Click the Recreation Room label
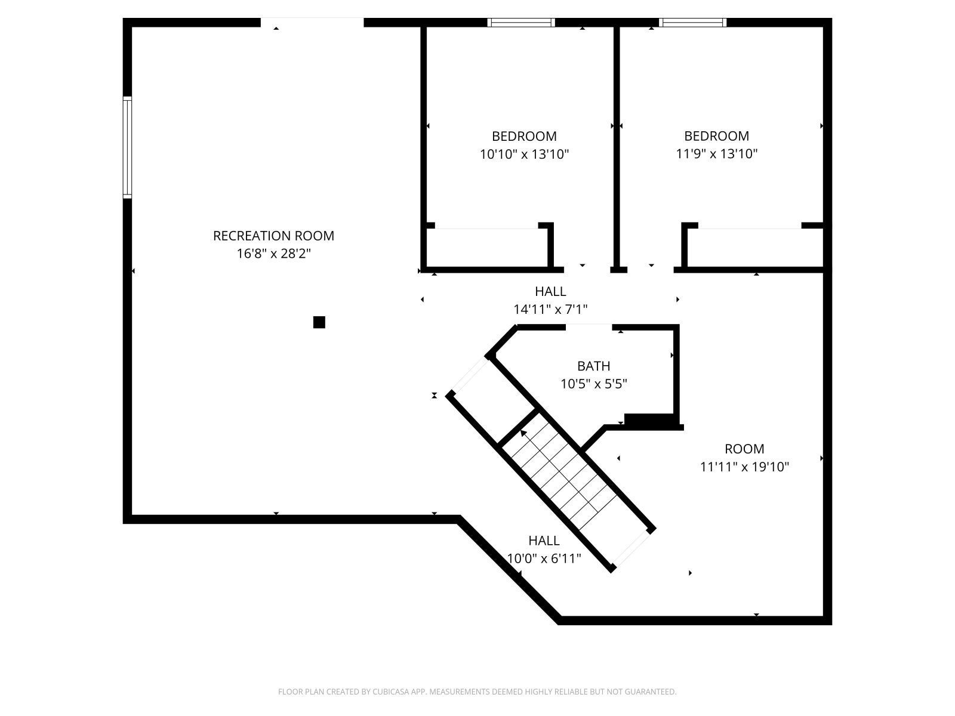273,236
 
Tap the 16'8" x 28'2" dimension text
273,254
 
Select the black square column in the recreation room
319,322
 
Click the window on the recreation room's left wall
127,147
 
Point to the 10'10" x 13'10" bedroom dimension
524,155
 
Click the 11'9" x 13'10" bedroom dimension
716,154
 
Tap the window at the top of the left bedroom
521,23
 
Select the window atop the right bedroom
692,23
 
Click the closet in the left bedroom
486,248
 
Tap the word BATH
593,366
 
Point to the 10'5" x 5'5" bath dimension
593,384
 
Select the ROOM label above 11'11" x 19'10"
744,449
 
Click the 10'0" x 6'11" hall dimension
544,558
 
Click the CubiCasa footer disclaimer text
477,692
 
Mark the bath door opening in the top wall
589,327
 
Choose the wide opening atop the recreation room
312,23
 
